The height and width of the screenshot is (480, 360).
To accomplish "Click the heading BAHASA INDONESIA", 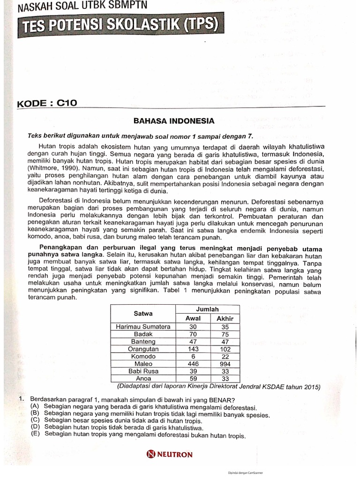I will point(174,121).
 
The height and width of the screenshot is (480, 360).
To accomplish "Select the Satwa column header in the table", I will point(143,313).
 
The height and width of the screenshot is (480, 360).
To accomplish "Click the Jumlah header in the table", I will point(207,309).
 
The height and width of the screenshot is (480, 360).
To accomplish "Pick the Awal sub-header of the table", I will point(193,318).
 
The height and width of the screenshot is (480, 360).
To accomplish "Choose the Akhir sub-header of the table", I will point(225,318).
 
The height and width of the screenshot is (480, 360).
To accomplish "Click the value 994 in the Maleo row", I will point(225,364).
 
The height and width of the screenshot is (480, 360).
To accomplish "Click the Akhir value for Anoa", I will point(225,378).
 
